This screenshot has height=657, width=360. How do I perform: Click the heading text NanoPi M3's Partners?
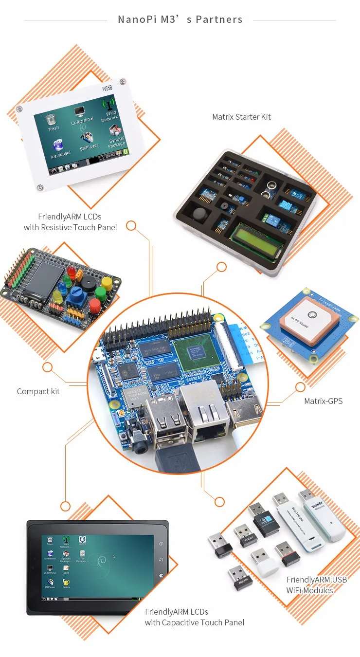[180, 20]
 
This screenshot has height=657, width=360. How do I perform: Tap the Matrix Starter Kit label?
[241, 117]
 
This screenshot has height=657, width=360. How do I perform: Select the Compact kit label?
[38, 391]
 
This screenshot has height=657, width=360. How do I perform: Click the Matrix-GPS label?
[323, 401]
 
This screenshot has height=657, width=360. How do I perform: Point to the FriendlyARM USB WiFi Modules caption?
[317, 585]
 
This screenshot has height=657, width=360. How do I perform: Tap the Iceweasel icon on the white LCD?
[59, 149]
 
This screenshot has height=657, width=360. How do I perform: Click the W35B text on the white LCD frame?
[107, 89]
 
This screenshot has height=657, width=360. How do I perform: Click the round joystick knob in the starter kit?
[200, 215]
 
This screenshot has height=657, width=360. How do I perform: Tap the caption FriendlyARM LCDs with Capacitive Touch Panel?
[194, 617]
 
